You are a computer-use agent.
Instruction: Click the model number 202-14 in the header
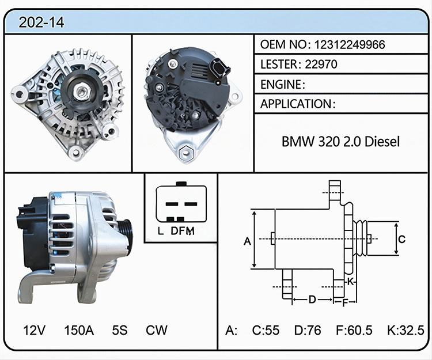pos(41,22)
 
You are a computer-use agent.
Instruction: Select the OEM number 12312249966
pos(350,44)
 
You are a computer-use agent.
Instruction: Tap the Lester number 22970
pos(321,64)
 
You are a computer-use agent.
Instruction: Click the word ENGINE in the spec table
pos(281,85)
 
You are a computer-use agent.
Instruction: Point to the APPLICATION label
pos(296,104)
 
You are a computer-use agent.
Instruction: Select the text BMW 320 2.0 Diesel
pos(340,142)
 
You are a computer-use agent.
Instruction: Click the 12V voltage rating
pos(35,330)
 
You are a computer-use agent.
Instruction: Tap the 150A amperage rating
pos(79,330)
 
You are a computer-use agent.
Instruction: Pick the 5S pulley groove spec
pos(120,330)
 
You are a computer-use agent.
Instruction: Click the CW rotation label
pos(157,330)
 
